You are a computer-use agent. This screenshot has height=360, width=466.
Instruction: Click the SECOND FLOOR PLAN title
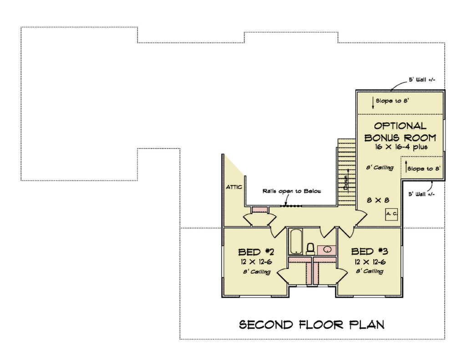tap(312, 325)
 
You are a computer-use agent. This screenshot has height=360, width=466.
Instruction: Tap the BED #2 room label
tap(256, 252)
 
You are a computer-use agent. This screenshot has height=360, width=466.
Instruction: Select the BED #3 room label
tap(370, 252)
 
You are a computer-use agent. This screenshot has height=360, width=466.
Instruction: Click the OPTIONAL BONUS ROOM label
tap(400, 132)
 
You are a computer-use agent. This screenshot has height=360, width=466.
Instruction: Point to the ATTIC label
tap(234, 187)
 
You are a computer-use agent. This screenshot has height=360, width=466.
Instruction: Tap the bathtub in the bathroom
tap(296, 241)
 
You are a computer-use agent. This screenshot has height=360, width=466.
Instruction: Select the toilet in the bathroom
tap(310, 249)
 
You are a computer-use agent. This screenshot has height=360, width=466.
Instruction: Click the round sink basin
tap(328, 249)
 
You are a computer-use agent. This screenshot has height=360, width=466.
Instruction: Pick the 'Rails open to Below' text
tap(292, 191)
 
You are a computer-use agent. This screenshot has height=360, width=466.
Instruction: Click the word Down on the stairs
tap(346, 183)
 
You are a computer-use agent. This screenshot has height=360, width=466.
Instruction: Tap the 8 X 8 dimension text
tap(378, 200)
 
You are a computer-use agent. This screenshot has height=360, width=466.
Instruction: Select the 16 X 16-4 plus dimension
tap(401, 147)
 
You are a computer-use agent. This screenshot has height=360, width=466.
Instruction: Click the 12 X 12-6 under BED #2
tap(256, 262)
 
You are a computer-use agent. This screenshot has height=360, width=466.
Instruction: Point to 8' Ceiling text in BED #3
tap(370, 271)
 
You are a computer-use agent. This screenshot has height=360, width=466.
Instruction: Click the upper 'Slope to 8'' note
tap(392, 101)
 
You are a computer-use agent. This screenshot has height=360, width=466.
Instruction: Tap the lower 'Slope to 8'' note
tap(424, 168)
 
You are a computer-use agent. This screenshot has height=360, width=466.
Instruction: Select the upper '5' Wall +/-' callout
tap(422, 80)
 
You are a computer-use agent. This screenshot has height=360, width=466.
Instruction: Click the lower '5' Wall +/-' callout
tap(421, 194)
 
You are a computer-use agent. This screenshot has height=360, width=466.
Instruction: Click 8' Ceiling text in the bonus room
tap(380, 167)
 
